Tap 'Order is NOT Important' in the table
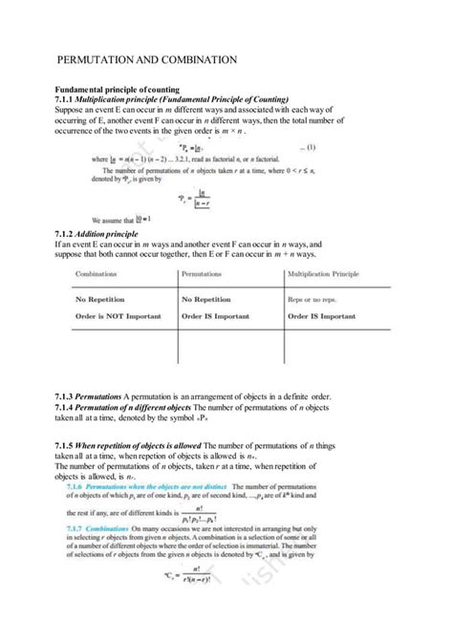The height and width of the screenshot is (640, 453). click(x=117, y=314)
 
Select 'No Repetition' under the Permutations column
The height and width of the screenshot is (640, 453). click(x=211, y=299)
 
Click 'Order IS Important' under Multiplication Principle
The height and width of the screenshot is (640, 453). click(x=328, y=314)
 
